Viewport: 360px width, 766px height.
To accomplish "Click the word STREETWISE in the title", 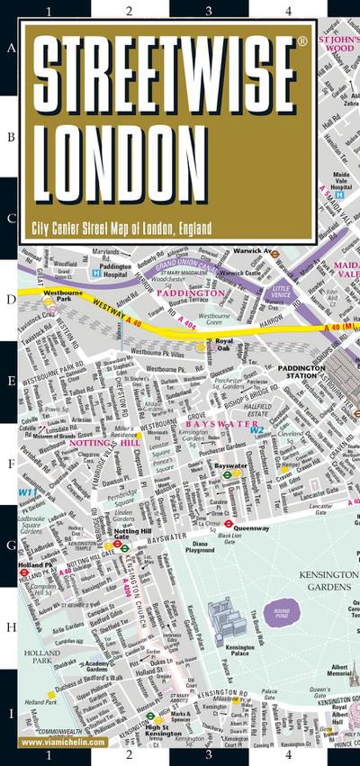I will pyautogui.click(x=166, y=76).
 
